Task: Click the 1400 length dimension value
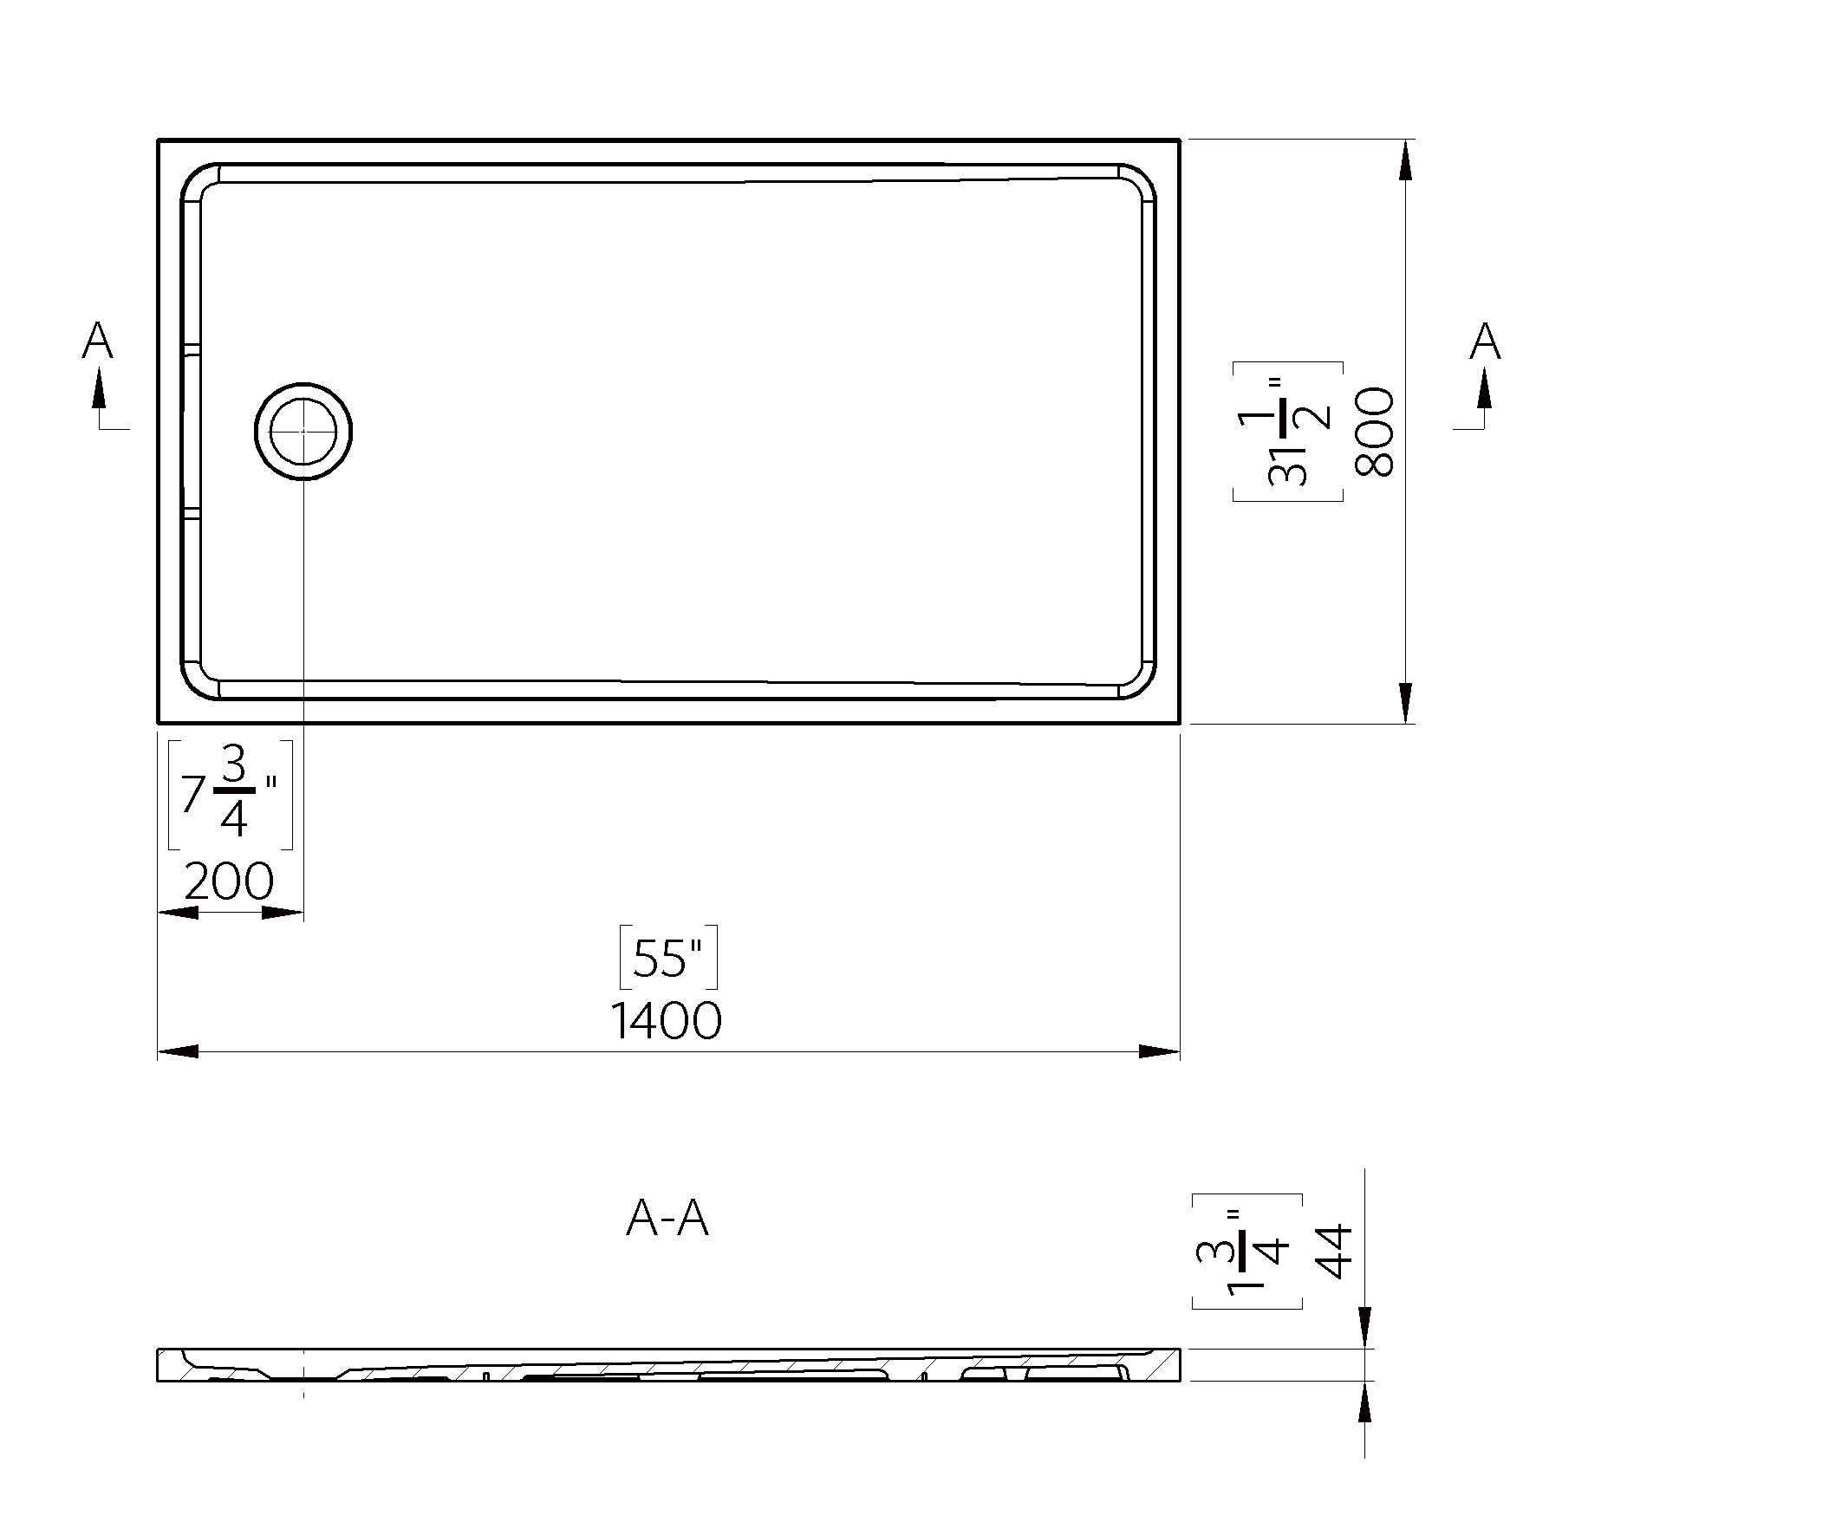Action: click(x=666, y=1021)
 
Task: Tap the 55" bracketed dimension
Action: click(x=668, y=957)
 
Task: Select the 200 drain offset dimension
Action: click(x=229, y=881)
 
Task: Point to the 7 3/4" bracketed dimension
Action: click(x=230, y=795)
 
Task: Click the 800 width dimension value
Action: click(x=1375, y=432)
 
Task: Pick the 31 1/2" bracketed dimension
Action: click(x=1287, y=432)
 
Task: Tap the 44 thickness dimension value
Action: click(x=1334, y=1252)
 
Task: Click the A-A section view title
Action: click(x=667, y=1219)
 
